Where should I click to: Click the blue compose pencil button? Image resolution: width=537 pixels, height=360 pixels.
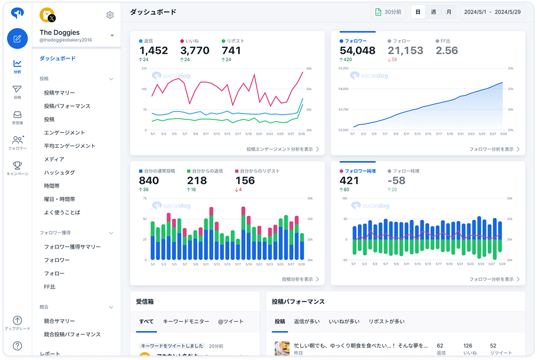[x=17, y=38]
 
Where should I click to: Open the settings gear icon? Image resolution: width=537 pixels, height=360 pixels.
[x=110, y=15]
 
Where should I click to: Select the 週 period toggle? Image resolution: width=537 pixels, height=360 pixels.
[x=434, y=12]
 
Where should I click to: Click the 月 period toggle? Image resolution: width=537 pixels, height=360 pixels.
[x=449, y=12]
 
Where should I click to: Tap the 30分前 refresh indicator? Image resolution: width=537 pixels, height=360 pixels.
[x=388, y=12]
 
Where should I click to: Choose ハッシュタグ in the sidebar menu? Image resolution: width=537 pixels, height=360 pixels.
[x=59, y=173]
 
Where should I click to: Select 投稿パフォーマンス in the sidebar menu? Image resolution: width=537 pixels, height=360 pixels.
[x=67, y=106]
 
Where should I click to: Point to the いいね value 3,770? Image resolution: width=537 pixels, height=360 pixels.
[x=194, y=51]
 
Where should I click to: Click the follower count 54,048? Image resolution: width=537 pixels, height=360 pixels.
[x=357, y=51]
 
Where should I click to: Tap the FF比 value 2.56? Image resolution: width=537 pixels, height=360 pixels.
[x=447, y=51]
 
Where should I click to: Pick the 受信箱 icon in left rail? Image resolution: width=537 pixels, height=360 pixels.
[x=17, y=117]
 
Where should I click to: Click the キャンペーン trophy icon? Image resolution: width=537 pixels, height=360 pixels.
[x=17, y=168]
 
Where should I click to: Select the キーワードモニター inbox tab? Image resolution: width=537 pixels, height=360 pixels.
[x=186, y=322]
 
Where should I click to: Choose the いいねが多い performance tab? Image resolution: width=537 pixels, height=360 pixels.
[x=344, y=322]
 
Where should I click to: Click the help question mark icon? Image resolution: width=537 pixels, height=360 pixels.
[x=17, y=346]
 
